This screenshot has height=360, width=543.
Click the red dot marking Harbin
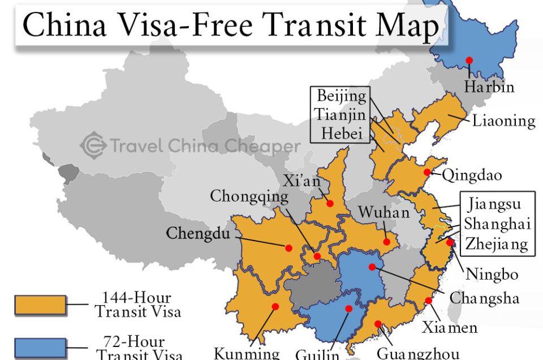pyautogui.click(x=469, y=61)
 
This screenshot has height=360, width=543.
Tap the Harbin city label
pyautogui.click(x=489, y=87)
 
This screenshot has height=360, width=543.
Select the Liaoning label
pyautogui.click(x=503, y=121)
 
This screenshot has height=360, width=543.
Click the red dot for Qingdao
pyautogui.click(x=427, y=173)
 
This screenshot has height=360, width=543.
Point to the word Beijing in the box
pyautogui.click(x=341, y=96)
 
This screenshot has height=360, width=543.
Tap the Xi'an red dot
pyautogui.click(x=330, y=203)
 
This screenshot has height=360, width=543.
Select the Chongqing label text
pyautogui.click(x=249, y=196)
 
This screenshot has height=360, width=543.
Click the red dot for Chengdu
pyautogui.click(x=288, y=248)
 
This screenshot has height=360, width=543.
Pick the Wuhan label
pyautogui.click(x=383, y=212)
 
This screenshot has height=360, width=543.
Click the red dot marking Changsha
pyautogui.click(x=372, y=267)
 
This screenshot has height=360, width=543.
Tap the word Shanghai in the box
pyautogui.click(x=497, y=224)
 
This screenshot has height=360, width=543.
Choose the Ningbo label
pyautogui.click(x=492, y=275)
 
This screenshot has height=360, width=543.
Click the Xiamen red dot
pyautogui.click(x=429, y=301)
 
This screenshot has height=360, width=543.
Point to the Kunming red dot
pyautogui.click(x=275, y=307)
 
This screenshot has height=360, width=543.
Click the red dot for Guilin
pyautogui.click(x=349, y=309)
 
